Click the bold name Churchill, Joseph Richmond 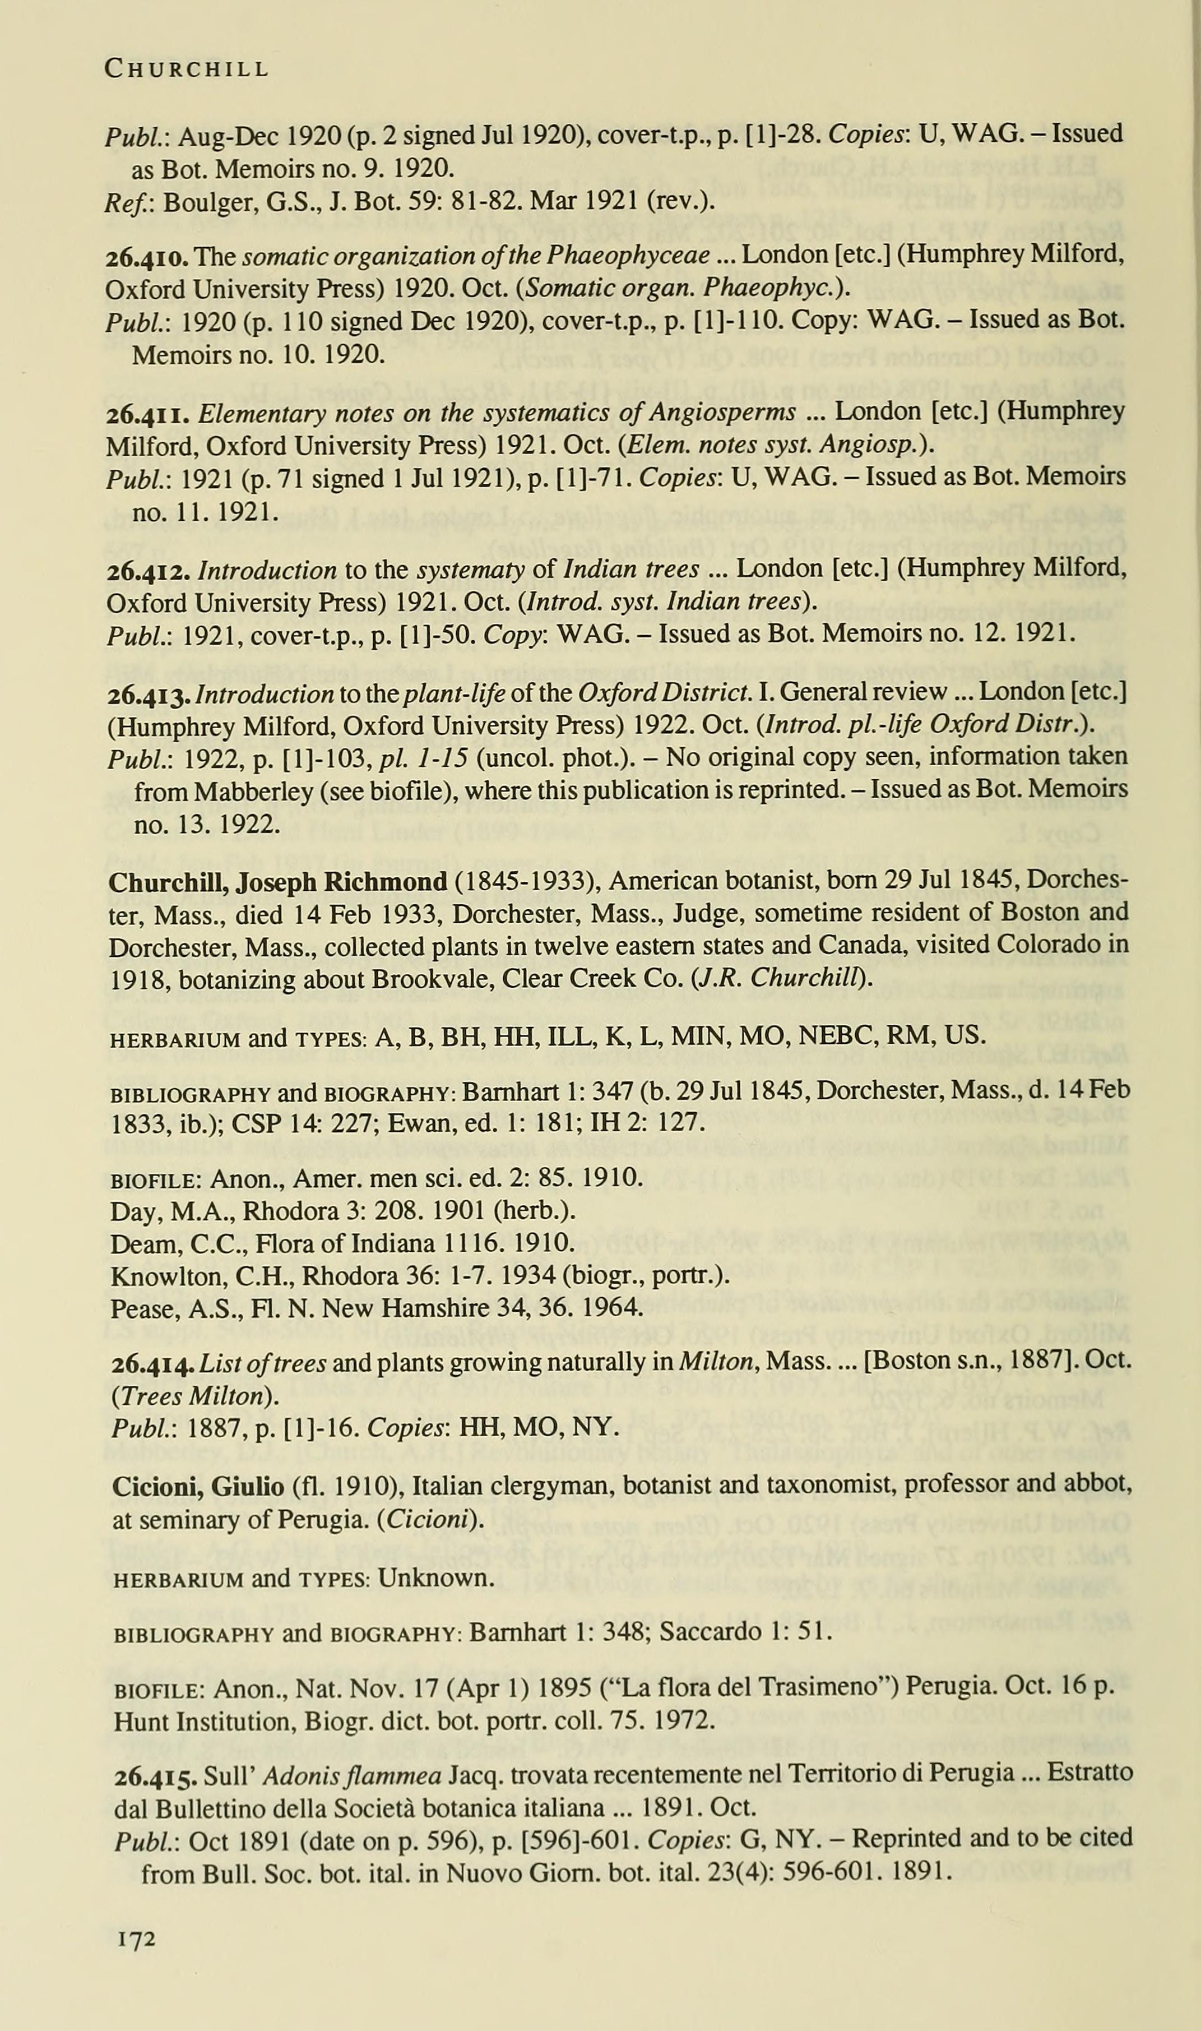(277, 882)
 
